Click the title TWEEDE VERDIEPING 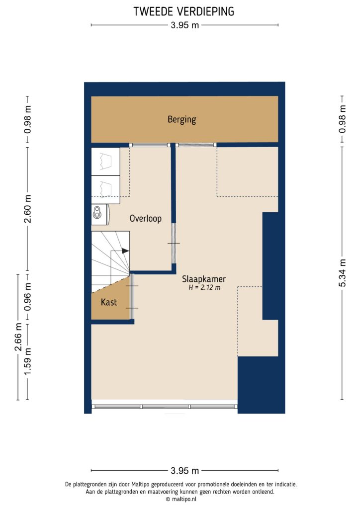[x=184, y=11]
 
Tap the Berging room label [x=181, y=119]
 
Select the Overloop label [x=146, y=218]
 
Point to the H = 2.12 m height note [x=204, y=288]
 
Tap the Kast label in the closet [x=109, y=302]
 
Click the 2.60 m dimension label [x=28, y=209]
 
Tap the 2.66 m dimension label [x=19, y=337]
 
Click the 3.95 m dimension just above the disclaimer [x=184, y=471]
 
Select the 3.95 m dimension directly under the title [x=184, y=26]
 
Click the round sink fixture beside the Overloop [x=99, y=213]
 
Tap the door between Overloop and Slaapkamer [x=174, y=243]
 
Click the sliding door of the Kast [x=131, y=297]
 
